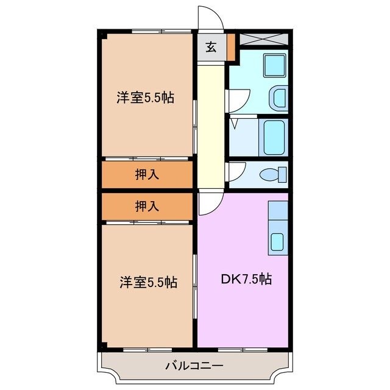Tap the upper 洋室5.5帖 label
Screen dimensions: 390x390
[146, 97]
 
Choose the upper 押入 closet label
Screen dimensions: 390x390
[147, 175]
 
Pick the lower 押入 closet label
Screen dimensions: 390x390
[147, 206]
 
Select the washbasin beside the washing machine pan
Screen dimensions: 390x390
[278, 98]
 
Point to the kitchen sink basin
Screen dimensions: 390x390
[277, 241]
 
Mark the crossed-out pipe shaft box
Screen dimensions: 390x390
[263, 40]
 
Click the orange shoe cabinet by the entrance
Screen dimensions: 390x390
[231, 47]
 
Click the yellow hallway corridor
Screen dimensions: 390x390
[211, 122]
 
